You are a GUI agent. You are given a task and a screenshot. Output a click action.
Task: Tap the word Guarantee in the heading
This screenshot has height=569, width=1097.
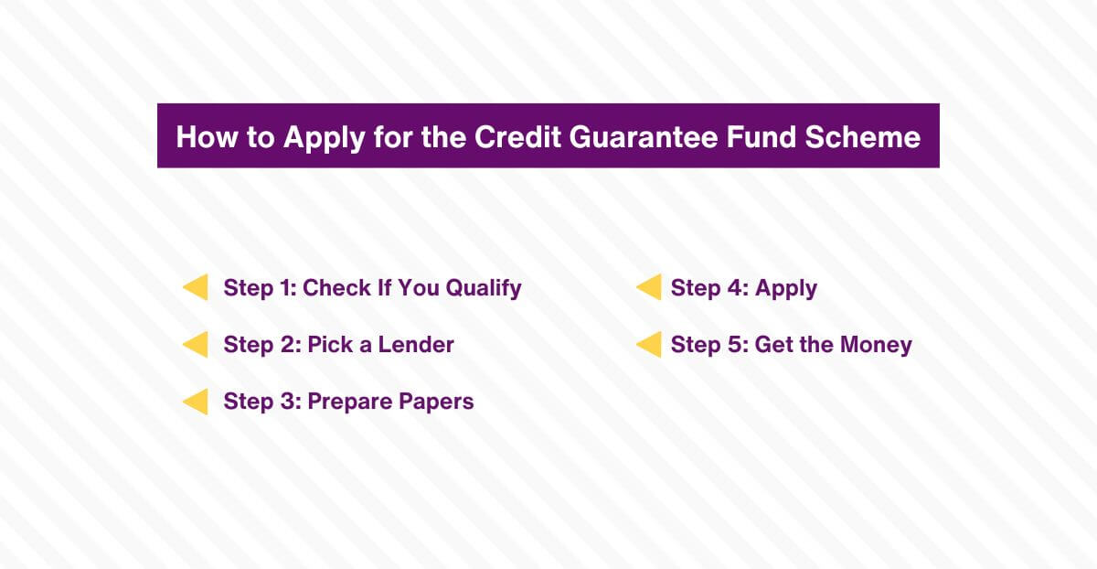pos(642,136)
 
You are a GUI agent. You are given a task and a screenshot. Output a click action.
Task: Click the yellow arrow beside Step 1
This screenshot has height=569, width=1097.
pos(196,287)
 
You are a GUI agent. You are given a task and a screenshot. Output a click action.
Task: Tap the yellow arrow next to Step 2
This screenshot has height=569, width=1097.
pos(196,345)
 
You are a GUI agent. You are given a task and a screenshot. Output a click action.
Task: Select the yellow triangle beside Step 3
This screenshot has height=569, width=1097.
pos(196,402)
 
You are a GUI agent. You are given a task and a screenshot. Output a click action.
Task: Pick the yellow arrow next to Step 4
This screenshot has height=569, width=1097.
pos(648,287)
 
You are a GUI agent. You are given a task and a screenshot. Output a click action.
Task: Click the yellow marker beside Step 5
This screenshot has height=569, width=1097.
pos(648,345)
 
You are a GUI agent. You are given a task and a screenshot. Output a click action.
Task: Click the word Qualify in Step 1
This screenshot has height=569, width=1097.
pos(484,288)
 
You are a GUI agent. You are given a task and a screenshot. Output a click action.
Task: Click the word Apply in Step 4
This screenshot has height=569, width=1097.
pos(786,288)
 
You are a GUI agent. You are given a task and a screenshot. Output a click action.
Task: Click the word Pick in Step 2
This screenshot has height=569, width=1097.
pos(328,345)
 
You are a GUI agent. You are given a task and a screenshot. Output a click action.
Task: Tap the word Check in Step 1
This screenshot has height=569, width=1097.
pos(336,287)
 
